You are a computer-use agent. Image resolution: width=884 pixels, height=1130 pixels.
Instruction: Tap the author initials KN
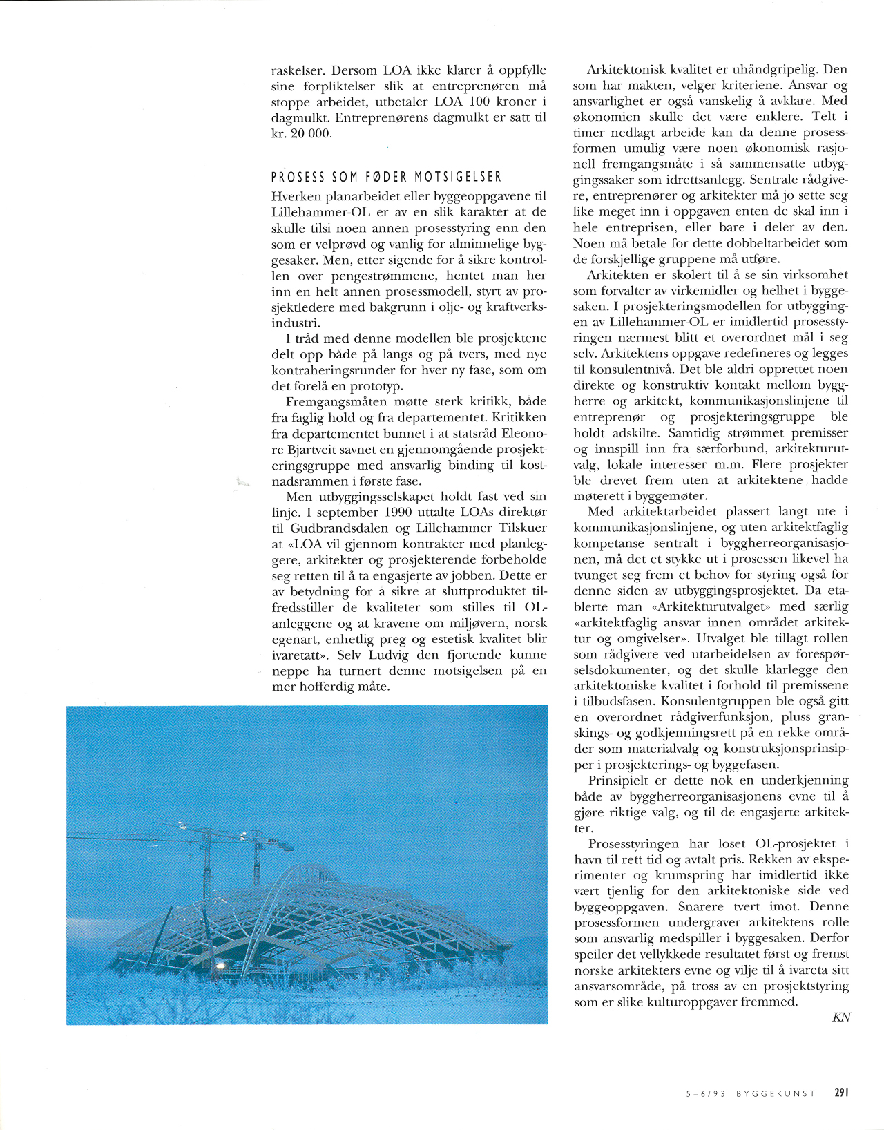[840, 1017]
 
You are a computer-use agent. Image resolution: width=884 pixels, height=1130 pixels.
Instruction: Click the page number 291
[840, 1093]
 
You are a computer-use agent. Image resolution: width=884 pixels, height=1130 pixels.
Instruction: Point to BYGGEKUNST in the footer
[776, 1093]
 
